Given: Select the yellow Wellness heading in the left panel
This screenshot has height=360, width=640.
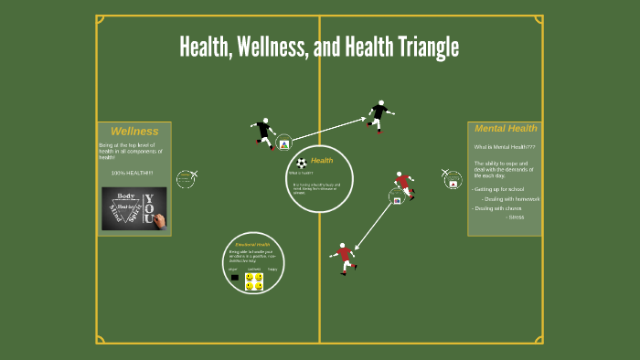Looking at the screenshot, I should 134,132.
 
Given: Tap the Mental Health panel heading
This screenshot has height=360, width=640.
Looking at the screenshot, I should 506,129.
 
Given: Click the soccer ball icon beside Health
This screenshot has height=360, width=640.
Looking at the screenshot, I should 302,163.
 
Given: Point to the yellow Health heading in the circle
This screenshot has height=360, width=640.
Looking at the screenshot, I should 322,161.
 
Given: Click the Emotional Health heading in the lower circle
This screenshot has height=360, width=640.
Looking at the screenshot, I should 252,245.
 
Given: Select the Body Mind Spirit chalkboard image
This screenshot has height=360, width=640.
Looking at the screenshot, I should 134,208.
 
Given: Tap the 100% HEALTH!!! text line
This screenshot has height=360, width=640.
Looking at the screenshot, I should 133,173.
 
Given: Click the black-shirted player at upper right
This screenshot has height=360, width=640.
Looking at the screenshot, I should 379,115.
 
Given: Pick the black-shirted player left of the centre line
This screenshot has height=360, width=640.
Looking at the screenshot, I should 264,132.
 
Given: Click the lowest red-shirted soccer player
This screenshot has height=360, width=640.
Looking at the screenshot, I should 344,257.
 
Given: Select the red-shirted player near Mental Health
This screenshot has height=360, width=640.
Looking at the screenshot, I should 403,185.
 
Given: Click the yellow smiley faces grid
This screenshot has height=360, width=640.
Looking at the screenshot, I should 254,281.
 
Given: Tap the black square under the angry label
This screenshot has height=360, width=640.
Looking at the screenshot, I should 235,277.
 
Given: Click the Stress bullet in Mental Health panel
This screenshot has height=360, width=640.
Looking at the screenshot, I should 516,217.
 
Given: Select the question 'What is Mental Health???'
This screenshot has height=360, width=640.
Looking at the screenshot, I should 504,147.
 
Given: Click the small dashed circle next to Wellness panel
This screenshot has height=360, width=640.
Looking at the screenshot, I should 186,178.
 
